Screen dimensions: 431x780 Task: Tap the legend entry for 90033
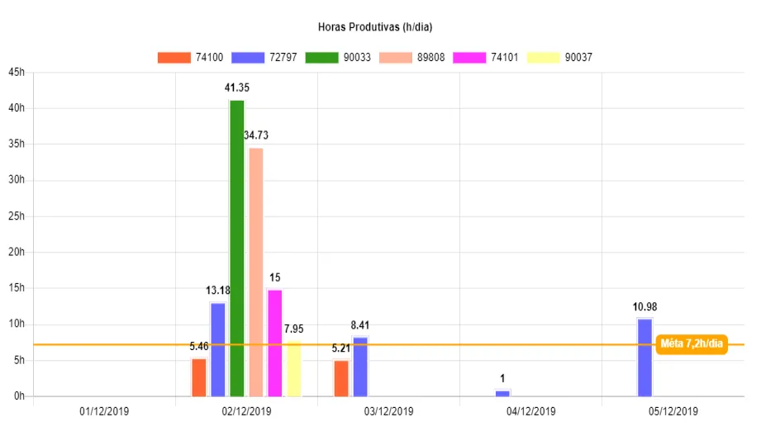[338, 57]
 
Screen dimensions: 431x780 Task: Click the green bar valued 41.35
[237, 248]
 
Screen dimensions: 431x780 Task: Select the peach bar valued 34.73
[256, 272]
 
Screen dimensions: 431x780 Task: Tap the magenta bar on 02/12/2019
[275, 343]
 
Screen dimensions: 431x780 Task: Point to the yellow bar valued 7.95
[294, 368]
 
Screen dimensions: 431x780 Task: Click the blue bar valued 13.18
[218, 350]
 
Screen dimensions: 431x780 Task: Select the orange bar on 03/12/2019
[341, 378]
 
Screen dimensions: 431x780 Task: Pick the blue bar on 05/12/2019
[644, 357]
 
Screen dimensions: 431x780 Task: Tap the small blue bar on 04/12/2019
[502, 393]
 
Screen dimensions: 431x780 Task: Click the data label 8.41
[360, 325]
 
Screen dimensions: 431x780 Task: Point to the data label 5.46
[199, 347]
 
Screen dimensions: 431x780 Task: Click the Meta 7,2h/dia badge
[692, 344]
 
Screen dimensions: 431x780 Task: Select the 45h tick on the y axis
[17, 73]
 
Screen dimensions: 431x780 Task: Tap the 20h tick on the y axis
[17, 253]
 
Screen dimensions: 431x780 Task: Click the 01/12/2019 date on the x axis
[104, 411]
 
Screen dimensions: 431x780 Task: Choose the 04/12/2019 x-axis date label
[530, 411]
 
